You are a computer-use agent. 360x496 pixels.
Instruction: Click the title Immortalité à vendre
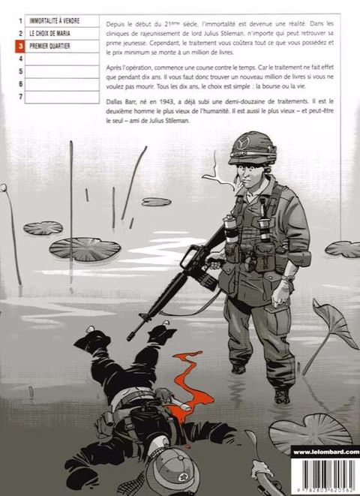click(x=54, y=21)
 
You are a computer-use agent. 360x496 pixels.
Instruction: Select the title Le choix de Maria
click(x=49, y=34)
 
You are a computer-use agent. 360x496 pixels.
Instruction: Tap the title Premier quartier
click(x=49, y=47)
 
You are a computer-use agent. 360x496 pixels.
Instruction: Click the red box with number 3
click(x=20, y=47)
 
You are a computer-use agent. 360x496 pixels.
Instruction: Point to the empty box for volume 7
click(x=62, y=97)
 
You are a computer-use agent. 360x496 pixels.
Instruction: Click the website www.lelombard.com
click(x=326, y=452)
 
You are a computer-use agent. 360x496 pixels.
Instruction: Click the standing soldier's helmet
click(x=252, y=148)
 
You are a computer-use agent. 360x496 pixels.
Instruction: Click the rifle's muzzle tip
click(x=128, y=338)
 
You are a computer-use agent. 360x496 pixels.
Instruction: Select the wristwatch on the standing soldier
click(x=288, y=279)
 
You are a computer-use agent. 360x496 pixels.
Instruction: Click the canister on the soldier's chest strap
click(x=230, y=228)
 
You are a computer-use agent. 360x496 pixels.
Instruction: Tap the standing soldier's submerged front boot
click(x=281, y=395)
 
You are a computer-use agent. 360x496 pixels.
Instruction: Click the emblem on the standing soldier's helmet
click(x=243, y=143)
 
